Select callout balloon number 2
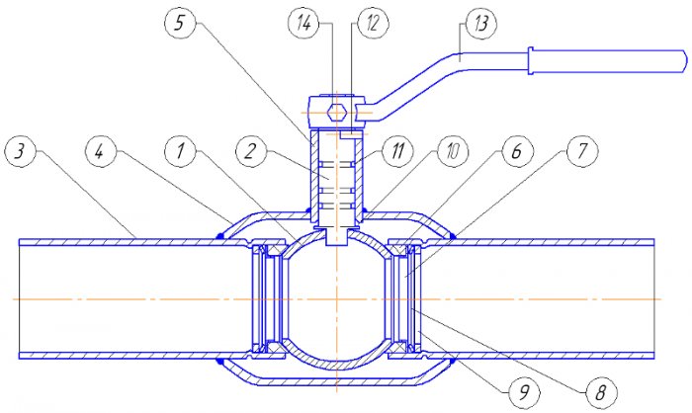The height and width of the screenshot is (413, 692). (x=251, y=150)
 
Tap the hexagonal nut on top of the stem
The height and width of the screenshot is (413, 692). (x=336, y=112)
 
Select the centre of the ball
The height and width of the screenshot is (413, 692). (x=336, y=297)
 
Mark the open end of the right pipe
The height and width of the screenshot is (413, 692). (x=654, y=297)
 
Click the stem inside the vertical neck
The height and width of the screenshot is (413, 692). (x=336, y=183)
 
